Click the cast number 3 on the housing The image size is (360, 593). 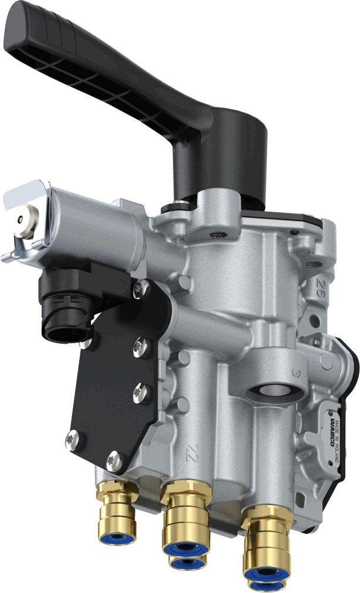tap(314, 372)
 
